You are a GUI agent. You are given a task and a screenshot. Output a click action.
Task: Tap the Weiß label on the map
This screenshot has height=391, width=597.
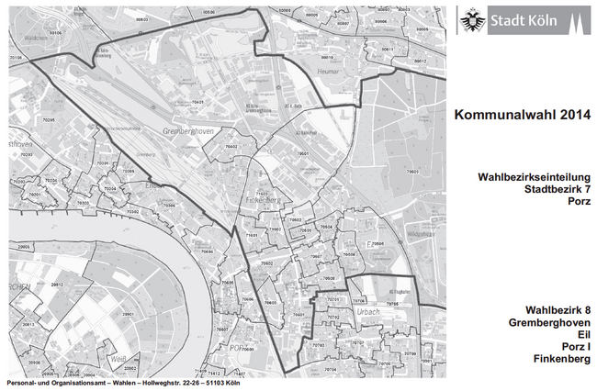coord(116,358)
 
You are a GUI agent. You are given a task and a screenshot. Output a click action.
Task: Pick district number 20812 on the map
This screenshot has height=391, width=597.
coord(56,285)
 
